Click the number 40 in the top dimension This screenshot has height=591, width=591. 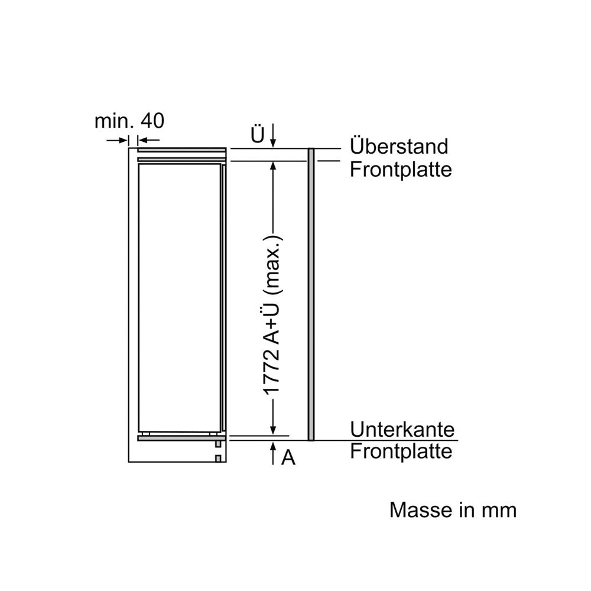click(152, 121)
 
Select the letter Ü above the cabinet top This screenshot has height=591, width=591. click(258, 135)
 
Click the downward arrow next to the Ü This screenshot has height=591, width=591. click(273, 135)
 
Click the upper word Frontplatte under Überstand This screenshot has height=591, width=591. click(401, 170)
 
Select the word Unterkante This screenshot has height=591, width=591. click(402, 429)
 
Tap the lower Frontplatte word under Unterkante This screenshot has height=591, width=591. click(401, 452)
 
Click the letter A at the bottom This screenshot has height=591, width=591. click(288, 457)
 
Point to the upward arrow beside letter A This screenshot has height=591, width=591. click(273, 454)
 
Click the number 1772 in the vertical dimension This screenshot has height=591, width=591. click(272, 372)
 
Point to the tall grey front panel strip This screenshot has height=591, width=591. click(311, 294)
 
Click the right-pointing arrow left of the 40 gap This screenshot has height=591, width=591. click(117, 140)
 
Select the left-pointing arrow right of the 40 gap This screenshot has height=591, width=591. click(148, 140)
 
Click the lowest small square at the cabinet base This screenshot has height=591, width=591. click(218, 459)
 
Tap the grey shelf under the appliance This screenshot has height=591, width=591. click(181, 438)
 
